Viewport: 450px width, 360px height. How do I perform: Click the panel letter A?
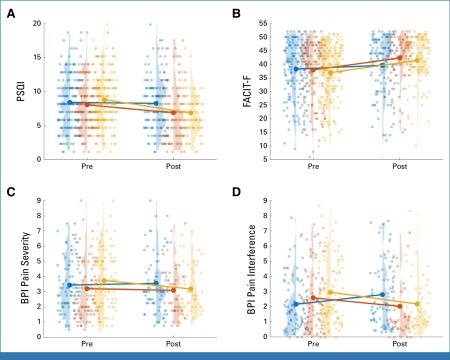click(x=11, y=14)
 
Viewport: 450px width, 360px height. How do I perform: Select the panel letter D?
click(x=236, y=192)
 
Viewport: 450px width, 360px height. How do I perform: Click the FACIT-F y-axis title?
click(x=247, y=91)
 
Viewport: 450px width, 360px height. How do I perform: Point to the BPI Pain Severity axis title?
click(x=25, y=268)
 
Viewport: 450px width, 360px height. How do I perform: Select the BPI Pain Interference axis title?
click(x=252, y=269)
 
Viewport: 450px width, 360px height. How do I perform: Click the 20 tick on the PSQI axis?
click(x=37, y=23)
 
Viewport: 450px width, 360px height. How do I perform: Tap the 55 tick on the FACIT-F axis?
click(x=263, y=23)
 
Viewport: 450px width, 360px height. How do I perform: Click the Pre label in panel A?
click(x=87, y=166)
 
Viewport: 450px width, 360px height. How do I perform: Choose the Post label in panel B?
click(x=400, y=166)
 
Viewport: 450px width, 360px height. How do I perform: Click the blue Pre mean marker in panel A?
click(x=70, y=102)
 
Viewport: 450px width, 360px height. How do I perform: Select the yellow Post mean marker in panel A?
click(x=191, y=113)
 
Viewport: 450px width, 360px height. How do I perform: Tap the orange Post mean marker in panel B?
click(x=400, y=58)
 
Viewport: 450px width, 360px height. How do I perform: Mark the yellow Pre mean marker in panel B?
click(x=331, y=72)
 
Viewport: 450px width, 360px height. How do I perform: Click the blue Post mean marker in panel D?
click(x=382, y=294)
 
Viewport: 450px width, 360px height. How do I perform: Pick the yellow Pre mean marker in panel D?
click(x=330, y=292)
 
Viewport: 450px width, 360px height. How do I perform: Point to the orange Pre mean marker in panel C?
click(x=87, y=288)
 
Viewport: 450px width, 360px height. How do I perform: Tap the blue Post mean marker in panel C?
click(x=156, y=283)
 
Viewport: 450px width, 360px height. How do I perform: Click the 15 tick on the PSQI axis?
click(x=37, y=57)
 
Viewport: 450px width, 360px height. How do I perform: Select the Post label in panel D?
click(x=400, y=344)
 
